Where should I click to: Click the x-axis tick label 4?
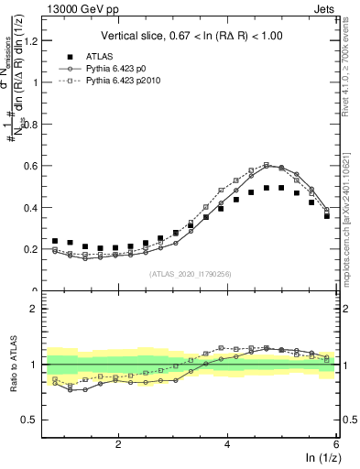pos(227,443)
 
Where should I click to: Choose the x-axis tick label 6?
pos(336,443)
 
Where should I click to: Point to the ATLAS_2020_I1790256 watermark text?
pos(191,274)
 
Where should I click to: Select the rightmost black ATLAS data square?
pos(327,216)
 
